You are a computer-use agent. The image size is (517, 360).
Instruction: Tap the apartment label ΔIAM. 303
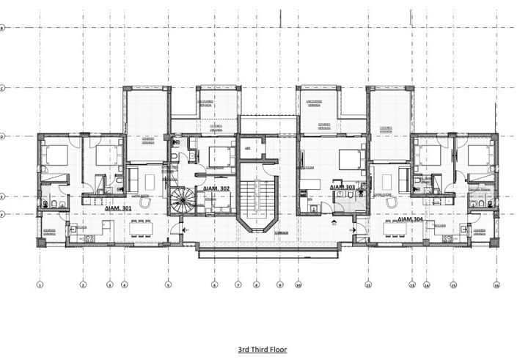pyautogui.click(x=342, y=188)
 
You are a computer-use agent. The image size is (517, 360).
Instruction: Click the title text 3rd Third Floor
pyautogui.click(x=262, y=350)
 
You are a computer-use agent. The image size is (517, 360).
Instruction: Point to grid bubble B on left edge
pyautogui.click(x=2, y=28)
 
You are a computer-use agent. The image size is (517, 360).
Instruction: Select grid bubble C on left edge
pyautogui.click(x=2, y=89)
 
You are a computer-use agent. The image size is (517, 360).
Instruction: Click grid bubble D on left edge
pyautogui.click(x=2, y=136)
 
